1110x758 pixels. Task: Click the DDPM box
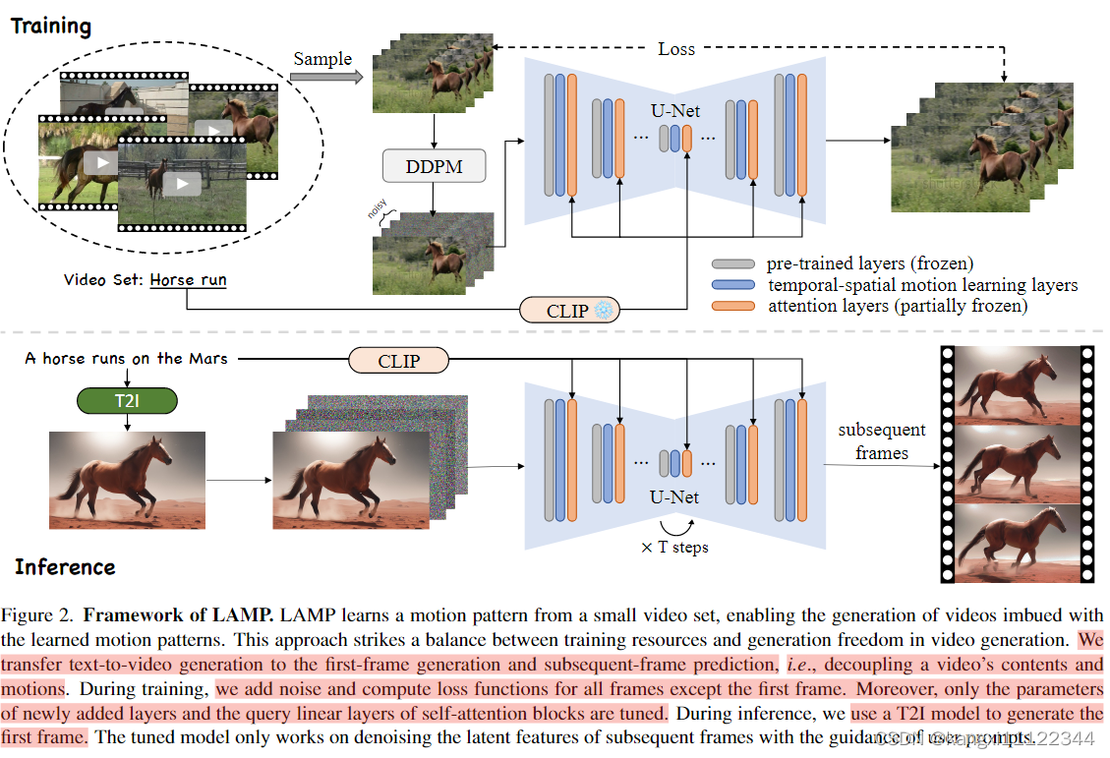434,166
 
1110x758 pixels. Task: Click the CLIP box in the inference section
398,361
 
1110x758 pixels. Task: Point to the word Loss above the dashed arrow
675,48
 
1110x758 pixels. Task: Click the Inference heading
65,567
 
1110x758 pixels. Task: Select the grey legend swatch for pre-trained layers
732,264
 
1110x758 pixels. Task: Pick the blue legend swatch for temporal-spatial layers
732,285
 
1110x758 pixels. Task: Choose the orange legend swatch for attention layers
732,306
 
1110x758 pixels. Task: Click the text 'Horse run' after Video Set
188,280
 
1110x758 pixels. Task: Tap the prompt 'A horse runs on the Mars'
126,359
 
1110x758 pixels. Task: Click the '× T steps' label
674,548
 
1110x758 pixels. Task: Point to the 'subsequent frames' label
881,440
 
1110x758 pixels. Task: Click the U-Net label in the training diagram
674,111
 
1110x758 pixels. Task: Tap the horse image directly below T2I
128,480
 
